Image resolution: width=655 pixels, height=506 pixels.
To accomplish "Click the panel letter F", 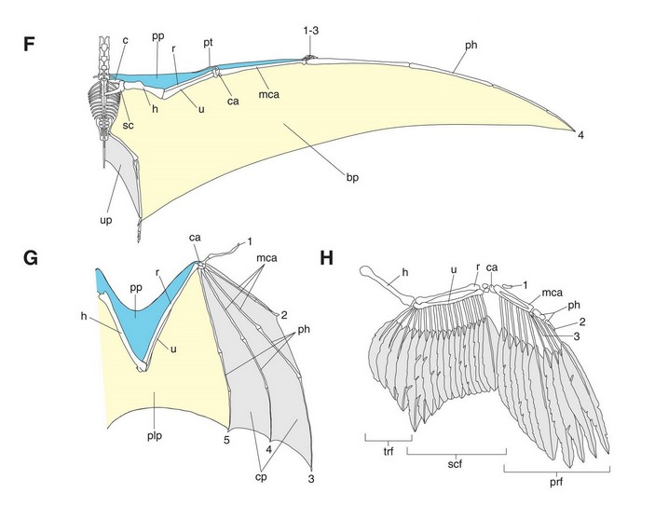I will coord(30,45).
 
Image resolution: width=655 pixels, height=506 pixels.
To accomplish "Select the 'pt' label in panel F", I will coord(212,43).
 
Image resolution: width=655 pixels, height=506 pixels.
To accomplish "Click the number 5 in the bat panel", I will coord(226,437).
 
